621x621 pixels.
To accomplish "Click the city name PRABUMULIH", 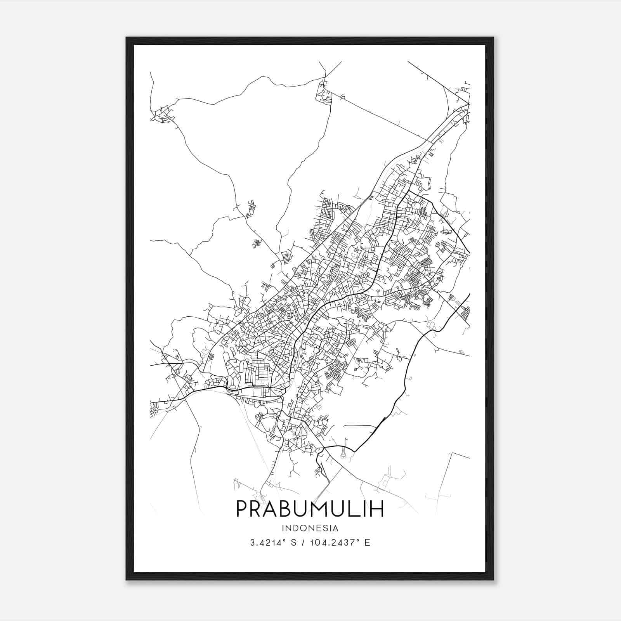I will [310, 508].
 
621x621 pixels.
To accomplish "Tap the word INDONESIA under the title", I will [310, 528].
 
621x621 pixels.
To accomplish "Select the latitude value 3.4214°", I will [268, 543].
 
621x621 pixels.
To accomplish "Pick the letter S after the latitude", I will [293, 543].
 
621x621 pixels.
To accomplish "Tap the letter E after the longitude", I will [367, 543].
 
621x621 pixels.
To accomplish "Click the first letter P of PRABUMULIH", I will [243, 508].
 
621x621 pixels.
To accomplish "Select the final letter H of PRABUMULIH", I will [377, 508].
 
